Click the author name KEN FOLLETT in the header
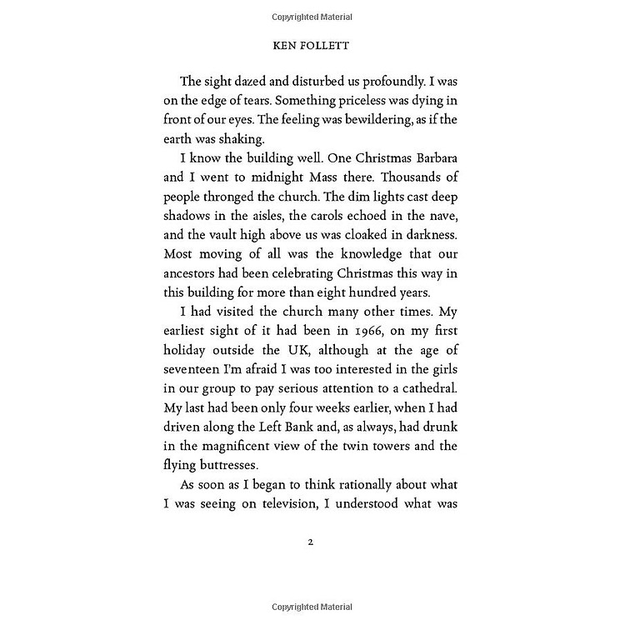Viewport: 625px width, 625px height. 312,47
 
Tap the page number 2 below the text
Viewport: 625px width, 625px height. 311,542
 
